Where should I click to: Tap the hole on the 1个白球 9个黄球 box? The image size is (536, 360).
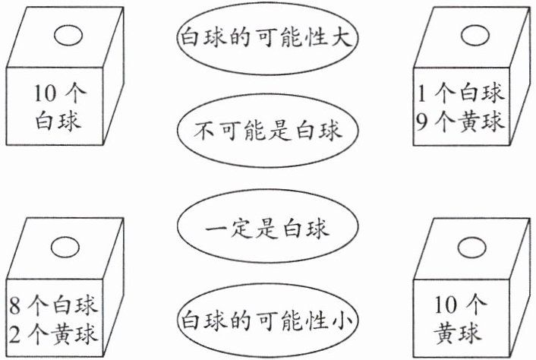475,35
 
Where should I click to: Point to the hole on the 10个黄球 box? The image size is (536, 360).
475,246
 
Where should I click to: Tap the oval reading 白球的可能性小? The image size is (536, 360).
266,321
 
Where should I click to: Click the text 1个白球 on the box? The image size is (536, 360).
461,94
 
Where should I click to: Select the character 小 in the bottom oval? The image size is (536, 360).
342,321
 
